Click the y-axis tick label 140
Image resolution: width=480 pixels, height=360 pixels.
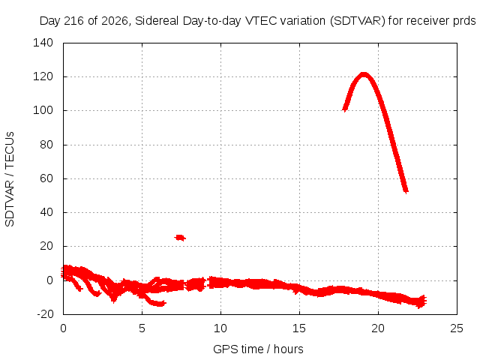click(43, 43)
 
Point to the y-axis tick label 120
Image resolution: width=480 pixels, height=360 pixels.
click(43, 76)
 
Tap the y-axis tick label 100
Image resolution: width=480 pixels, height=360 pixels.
click(43, 110)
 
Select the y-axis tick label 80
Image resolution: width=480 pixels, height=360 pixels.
click(46, 145)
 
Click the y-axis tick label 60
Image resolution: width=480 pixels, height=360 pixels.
click(46, 178)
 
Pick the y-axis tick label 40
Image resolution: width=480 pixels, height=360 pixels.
click(46, 212)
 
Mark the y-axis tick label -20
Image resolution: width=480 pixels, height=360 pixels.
click(45, 314)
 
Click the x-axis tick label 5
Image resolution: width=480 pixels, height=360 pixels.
click(142, 328)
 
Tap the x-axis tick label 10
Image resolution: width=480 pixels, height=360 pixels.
click(220, 328)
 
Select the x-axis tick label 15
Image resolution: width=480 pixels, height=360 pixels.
click(299, 328)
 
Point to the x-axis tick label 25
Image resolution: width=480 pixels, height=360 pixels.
click(457, 328)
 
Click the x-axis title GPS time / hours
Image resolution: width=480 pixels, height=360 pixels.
click(258, 349)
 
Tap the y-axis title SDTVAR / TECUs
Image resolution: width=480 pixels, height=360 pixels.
click(10, 179)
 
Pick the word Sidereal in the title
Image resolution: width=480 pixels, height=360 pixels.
click(157, 21)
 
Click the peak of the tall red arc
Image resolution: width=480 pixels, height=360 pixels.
click(364, 74)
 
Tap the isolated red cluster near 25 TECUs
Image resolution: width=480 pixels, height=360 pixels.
click(180, 238)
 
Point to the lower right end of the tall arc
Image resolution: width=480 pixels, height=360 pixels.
click(406, 191)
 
